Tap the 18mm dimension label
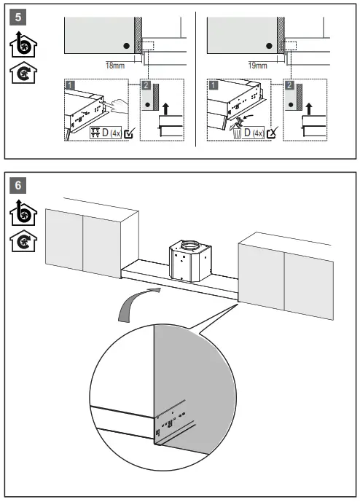coord(115,65)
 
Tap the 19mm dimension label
coord(257,65)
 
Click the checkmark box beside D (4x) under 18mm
coord(129,133)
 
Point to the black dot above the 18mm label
coord(127,45)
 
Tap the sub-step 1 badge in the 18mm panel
coord(69,85)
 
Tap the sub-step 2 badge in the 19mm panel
coord(289,85)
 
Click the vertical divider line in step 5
coord(195,80)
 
